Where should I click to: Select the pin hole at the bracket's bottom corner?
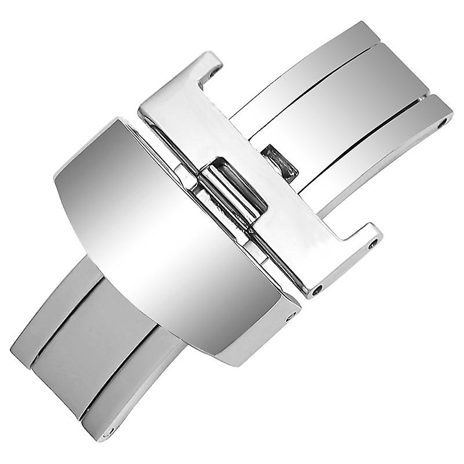tap(318, 288)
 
